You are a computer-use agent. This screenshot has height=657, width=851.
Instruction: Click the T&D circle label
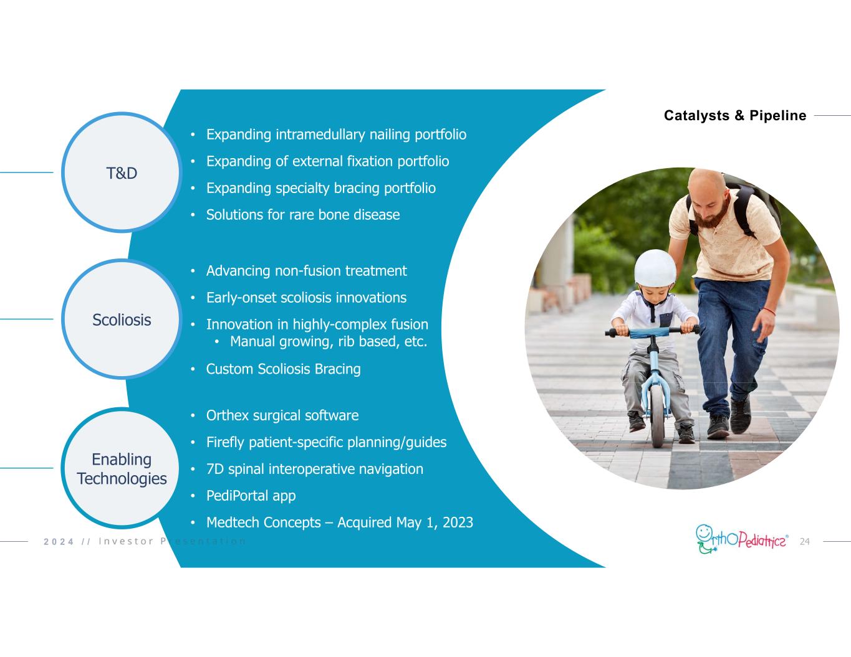point(122,173)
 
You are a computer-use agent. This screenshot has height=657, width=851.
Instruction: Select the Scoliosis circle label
point(122,320)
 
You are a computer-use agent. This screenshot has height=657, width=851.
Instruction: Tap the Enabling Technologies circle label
point(122,469)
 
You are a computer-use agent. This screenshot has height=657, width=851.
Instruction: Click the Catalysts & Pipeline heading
point(735,115)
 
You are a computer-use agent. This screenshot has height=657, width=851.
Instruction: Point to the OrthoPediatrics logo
point(742,539)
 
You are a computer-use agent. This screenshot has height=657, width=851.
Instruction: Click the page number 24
point(804,541)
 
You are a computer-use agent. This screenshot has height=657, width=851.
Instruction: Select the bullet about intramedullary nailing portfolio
point(337,135)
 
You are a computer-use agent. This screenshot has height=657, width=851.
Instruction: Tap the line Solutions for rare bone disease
point(303,215)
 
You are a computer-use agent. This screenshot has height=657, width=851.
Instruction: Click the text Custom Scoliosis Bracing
point(284,369)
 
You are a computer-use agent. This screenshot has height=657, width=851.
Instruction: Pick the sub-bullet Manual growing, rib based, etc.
point(329,341)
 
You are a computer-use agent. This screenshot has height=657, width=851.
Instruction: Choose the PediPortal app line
point(251,496)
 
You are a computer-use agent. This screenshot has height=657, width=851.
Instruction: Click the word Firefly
point(225,442)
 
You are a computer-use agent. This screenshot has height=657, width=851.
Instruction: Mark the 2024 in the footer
point(59,542)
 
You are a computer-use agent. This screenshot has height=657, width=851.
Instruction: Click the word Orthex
point(228,415)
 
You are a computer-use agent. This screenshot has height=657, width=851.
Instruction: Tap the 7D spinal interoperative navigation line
point(315,469)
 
